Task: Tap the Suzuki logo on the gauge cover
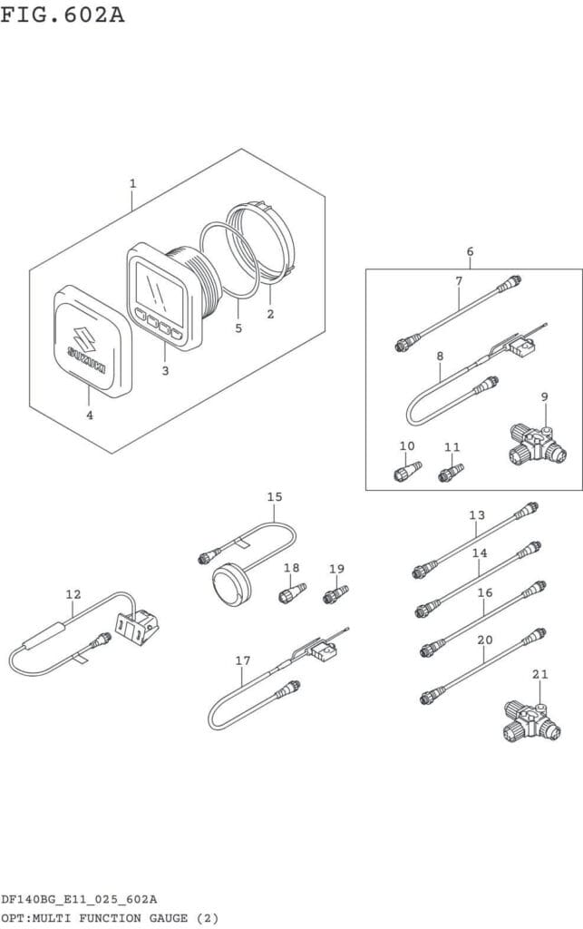point(89,346)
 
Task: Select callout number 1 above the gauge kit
point(132,183)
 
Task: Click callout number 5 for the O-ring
point(238,328)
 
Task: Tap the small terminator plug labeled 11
point(450,473)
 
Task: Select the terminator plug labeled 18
point(290,595)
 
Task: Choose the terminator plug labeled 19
point(335,595)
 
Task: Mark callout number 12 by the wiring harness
point(73,594)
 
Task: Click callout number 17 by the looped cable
point(243,660)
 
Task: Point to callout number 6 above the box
point(470,251)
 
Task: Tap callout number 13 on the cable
point(477,515)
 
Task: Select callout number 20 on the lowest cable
point(485,640)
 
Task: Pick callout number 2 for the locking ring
point(270,314)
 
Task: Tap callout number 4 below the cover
point(89,415)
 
